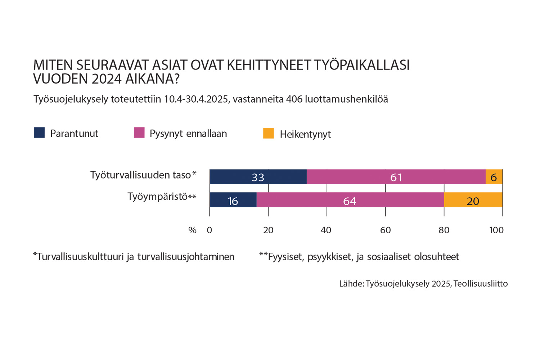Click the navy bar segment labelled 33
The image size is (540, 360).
[x=258, y=177]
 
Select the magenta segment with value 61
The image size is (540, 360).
[x=396, y=177]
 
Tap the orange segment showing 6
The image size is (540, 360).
[x=494, y=177]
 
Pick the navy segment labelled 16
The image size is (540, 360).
[x=233, y=200]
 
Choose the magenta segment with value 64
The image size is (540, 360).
[x=350, y=200]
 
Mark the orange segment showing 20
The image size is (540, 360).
[x=473, y=200]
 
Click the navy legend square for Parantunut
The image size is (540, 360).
[x=39, y=133]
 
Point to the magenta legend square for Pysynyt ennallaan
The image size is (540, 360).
[x=139, y=133]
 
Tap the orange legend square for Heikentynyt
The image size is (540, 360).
[x=269, y=133]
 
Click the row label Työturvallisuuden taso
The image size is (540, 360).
[x=140, y=175]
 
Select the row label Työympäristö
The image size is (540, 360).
[x=157, y=197]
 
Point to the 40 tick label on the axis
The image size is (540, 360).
[x=326, y=230]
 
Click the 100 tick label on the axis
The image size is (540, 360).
[x=496, y=230]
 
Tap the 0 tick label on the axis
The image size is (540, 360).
[x=210, y=230]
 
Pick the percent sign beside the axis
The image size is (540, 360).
[x=192, y=230]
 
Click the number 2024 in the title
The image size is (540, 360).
[x=107, y=79]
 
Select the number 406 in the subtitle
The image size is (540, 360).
[x=294, y=99]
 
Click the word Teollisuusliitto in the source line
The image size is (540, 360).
[x=481, y=284]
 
